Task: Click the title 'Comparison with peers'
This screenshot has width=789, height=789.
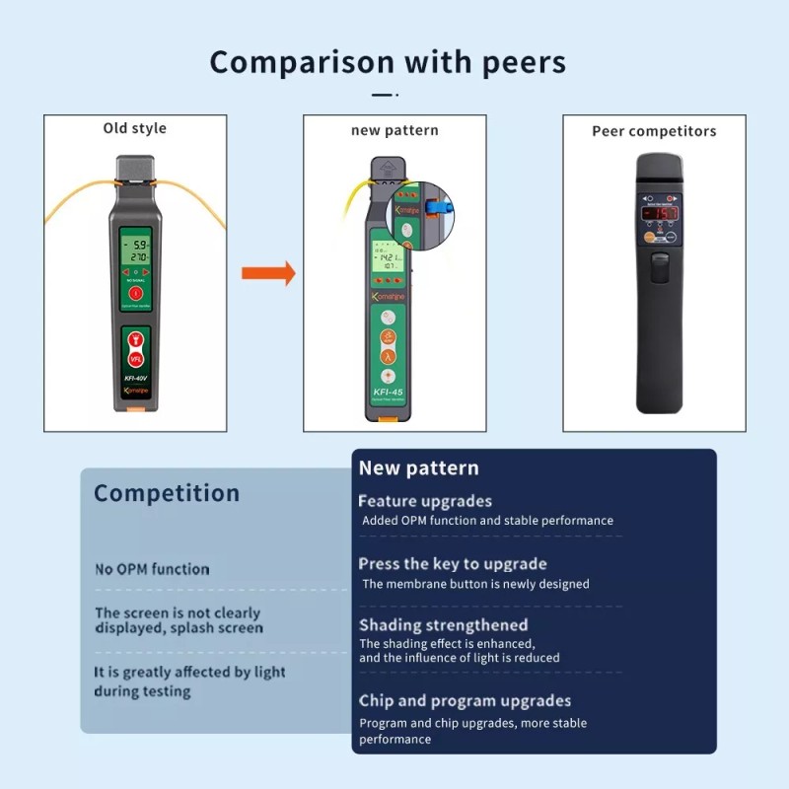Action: [x=388, y=62]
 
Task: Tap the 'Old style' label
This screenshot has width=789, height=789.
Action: [x=135, y=128]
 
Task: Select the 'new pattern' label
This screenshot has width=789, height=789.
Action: [x=394, y=130]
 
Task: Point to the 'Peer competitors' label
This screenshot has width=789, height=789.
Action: [x=654, y=131]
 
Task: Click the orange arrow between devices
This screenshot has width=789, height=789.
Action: [x=269, y=273]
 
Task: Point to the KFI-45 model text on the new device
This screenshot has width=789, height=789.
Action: [x=389, y=392]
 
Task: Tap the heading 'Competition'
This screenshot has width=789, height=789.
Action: [x=167, y=493]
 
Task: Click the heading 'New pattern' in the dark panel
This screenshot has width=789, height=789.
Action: [x=418, y=468]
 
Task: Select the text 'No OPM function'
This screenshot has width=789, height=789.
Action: [x=152, y=569]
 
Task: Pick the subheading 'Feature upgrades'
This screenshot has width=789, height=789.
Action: [x=425, y=501]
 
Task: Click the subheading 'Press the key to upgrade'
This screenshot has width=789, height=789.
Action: [x=452, y=564]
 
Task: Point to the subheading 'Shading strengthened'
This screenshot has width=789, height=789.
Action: [x=443, y=625]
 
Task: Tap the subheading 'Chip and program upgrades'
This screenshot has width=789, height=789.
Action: [x=465, y=701]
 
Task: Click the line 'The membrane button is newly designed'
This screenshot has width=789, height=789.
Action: [x=475, y=584]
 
